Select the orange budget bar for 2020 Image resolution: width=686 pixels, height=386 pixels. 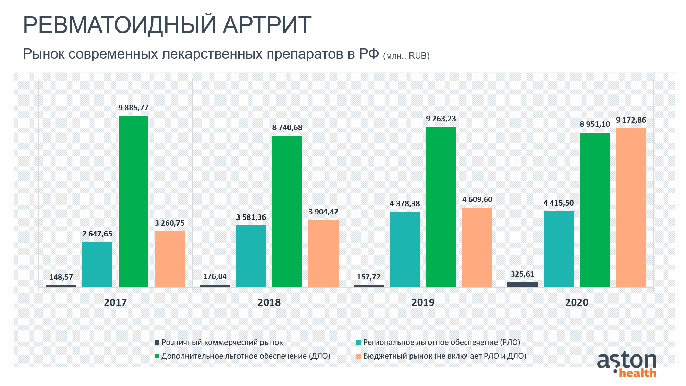point(631,208)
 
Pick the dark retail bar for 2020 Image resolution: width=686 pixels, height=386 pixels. point(522,285)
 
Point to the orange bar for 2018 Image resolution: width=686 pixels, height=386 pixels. point(323,253)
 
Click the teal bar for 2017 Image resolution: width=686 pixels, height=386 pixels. point(97,264)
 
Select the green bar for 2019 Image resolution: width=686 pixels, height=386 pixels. point(441,207)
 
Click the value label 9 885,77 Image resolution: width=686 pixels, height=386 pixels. point(134,108)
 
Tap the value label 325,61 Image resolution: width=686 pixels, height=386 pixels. point(522,274)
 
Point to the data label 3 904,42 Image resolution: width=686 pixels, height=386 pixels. point(323,212)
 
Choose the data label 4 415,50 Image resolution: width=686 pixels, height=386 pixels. point(559,203)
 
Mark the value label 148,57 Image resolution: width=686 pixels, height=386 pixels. point(61,277)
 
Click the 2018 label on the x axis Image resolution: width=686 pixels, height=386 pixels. point(269,302)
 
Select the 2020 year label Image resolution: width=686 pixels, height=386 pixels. point(577,302)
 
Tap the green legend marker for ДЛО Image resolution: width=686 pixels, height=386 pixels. point(157,356)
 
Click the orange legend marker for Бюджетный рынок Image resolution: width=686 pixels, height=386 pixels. point(359,356)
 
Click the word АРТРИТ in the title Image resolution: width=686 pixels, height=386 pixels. point(267,25)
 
